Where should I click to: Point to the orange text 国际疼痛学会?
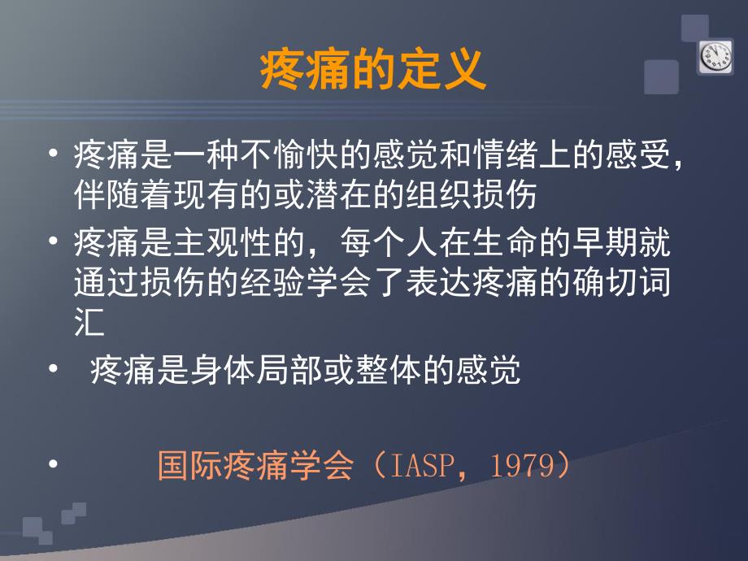tap(255, 466)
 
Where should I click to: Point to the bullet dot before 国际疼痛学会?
tap(54, 464)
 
